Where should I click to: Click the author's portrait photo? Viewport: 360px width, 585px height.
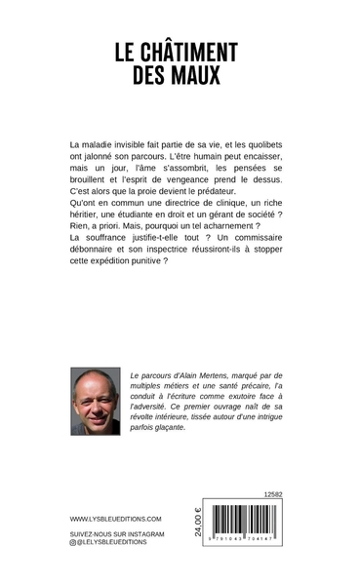96,401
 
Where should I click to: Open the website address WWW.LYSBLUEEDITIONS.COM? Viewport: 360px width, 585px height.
115,520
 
